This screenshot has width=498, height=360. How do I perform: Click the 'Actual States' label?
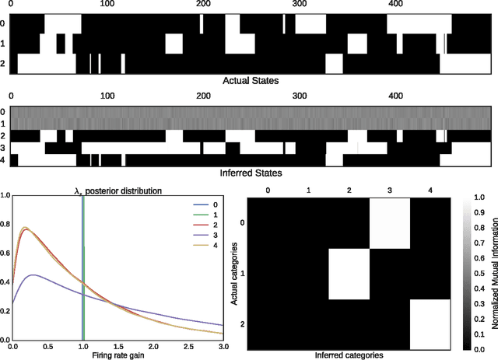pyautogui.click(x=251, y=80)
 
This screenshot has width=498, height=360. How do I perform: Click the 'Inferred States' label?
pyautogui.click(x=251, y=173)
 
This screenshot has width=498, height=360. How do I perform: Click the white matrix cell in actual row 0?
pyautogui.click(x=389, y=224)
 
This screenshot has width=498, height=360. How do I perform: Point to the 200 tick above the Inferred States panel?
pyautogui.click(x=203, y=96)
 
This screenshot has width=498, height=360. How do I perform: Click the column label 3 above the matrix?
pyautogui.click(x=389, y=190)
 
